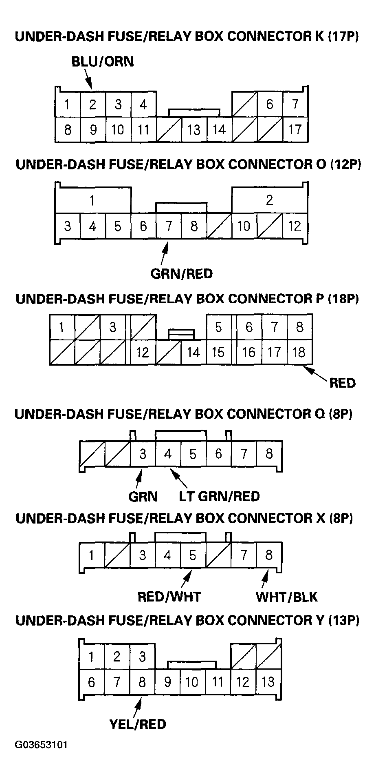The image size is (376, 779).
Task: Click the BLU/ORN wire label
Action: pyautogui.click(x=102, y=62)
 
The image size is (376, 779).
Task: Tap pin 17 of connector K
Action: pyautogui.click(x=295, y=129)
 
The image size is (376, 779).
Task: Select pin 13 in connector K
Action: pyautogui.click(x=193, y=129)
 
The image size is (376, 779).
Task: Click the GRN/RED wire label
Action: pyautogui.click(x=181, y=273)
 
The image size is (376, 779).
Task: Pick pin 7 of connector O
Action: pyautogui.click(x=168, y=226)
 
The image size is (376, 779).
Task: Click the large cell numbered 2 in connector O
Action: pyautogui.click(x=269, y=200)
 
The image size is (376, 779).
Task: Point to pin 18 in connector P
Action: pyautogui.click(x=299, y=352)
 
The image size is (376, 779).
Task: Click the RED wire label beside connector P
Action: pyautogui.click(x=342, y=383)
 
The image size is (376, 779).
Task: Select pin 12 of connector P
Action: pyautogui.click(x=143, y=352)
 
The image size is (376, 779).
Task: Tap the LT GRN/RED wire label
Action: pyautogui.click(x=219, y=497)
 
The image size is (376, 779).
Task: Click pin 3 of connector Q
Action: pyautogui.click(x=143, y=454)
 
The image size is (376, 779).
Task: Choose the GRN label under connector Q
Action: pyautogui.click(x=143, y=497)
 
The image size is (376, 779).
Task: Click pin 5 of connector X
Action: pyautogui.click(x=193, y=555)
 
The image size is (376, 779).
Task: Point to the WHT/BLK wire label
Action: pyautogui.click(x=286, y=597)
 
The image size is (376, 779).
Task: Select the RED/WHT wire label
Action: pyautogui.click(x=169, y=597)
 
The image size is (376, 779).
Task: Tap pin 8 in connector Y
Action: pyautogui.click(x=142, y=682)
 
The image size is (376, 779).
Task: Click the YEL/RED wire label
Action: pyautogui.click(x=138, y=724)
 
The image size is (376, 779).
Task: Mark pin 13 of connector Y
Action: pyautogui.click(x=268, y=682)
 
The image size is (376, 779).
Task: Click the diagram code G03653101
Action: pyautogui.click(x=41, y=745)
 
